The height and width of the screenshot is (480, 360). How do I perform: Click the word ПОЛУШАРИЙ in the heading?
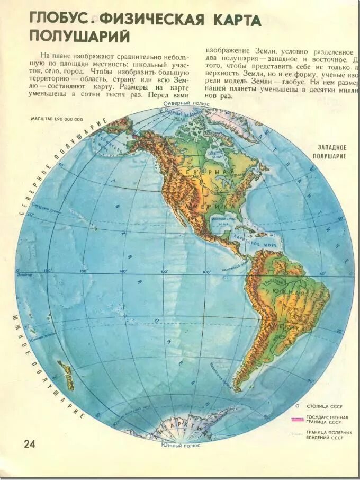(x=79, y=36)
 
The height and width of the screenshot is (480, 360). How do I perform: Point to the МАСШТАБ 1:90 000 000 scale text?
(x=57, y=120)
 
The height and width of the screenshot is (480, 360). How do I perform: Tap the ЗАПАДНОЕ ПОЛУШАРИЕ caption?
(x=331, y=152)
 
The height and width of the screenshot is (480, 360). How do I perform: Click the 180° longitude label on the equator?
(x=47, y=271)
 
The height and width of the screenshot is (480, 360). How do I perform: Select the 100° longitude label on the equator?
(x=206, y=272)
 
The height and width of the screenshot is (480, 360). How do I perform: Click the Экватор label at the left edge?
(x=24, y=275)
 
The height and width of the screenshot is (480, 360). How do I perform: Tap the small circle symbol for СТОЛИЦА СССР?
(x=298, y=405)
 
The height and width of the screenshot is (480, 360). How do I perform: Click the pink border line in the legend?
(x=298, y=419)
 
